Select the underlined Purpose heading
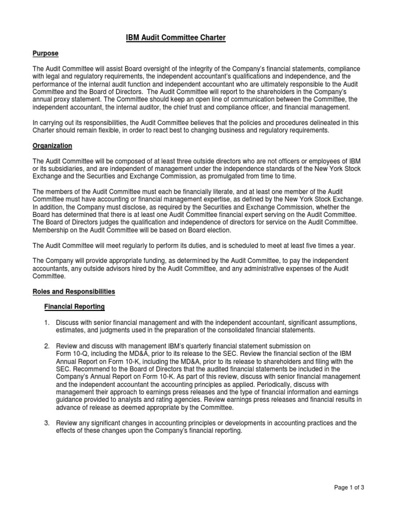click(x=46, y=54)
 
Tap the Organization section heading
click(x=53, y=146)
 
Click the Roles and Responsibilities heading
click(x=74, y=292)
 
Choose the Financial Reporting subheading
click(x=74, y=307)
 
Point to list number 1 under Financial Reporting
click(x=47, y=322)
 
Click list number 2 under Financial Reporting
click(x=47, y=346)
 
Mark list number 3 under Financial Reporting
click(x=47, y=423)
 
